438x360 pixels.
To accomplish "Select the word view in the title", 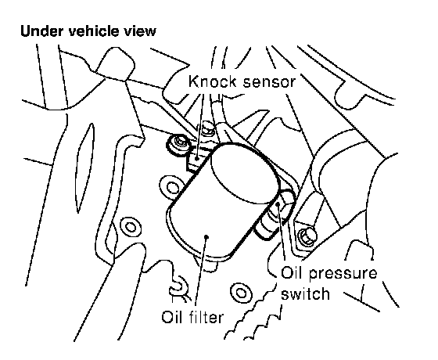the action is [x=140, y=31].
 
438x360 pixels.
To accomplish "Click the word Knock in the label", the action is [x=212, y=81].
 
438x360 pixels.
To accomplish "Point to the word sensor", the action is [x=269, y=82].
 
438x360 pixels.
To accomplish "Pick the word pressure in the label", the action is [x=343, y=274].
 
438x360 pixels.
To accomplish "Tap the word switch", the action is [x=305, y=293].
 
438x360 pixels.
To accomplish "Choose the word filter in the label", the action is [x=205, y=317].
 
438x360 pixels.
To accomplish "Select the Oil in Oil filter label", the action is [x=171, y=317].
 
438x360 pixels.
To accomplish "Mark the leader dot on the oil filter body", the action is [x=206, y=237].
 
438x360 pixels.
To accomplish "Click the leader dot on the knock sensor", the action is [x=197, y=158].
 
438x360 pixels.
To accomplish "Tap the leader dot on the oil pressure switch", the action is [x=278, y=203].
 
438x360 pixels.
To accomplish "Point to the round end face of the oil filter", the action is [x=246, y=174].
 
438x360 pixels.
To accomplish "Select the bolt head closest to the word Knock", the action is [x=207, y=128].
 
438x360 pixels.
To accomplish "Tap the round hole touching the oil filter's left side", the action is [x=172, y=186].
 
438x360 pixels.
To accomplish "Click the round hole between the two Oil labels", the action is [x=240, y=293].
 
